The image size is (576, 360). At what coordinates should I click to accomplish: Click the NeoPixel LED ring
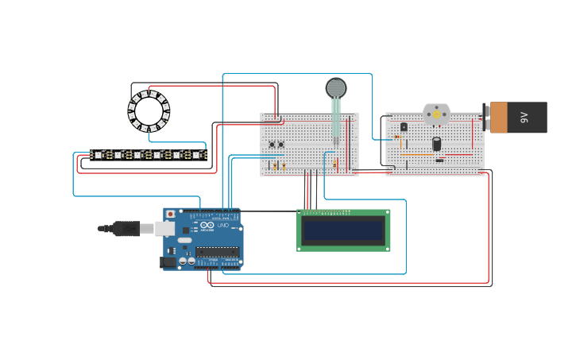click(149, 110)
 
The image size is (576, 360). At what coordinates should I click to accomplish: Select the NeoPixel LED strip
click(148, 154)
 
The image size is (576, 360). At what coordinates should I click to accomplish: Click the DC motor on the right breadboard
click(436, 114)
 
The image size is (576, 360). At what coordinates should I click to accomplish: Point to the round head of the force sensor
click(336, 87)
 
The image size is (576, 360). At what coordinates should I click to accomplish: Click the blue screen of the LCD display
click(343, 230)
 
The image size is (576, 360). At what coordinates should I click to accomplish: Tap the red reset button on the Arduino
click(170, 215)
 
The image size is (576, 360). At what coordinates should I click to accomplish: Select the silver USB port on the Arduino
click(164, 229)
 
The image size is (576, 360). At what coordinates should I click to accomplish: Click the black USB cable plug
click(126, 229)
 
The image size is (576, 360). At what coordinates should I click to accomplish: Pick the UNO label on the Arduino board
click(222, 226)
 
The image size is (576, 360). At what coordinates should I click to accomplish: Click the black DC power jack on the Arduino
click(168, 262)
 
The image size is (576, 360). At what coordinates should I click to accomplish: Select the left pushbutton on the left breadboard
click(272, 145)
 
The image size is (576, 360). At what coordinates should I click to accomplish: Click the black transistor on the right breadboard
click(404, 126)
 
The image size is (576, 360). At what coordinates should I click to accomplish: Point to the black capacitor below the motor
click(436, 144)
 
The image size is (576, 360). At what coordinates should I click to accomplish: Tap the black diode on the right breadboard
click(439, 160)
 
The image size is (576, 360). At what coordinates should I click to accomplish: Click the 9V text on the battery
click(524, 118)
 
